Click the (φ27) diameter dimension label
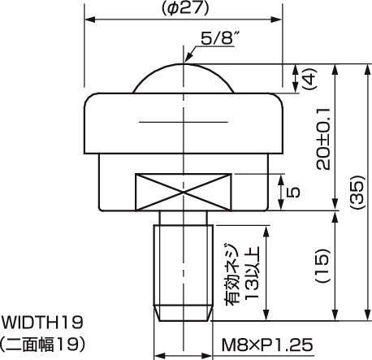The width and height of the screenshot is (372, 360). point(186,9)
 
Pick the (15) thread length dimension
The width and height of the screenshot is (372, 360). point(323,265)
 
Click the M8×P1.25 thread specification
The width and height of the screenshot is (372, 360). point(266,345)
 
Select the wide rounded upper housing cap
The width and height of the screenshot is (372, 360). point(186,121)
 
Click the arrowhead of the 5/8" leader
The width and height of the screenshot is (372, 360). point(189,60)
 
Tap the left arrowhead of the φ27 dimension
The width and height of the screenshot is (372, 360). point(89,19)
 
